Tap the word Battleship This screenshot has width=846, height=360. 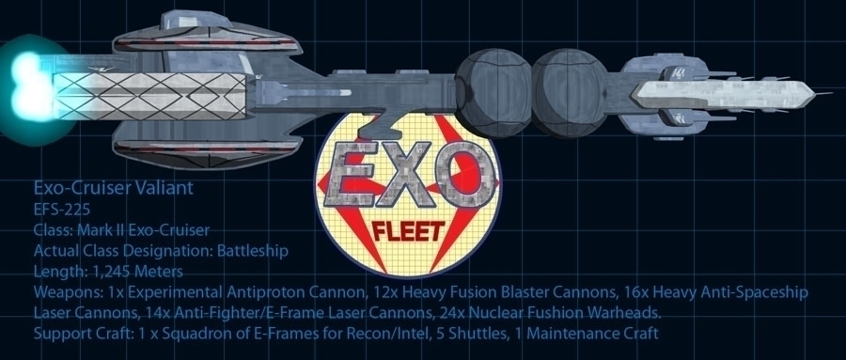pos(252,251)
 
